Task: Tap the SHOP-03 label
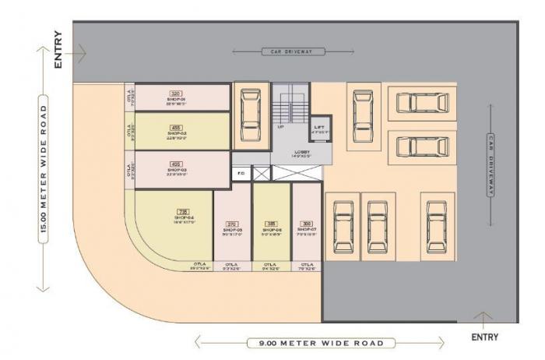175,169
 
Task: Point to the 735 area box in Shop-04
184,210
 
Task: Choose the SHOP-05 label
233,231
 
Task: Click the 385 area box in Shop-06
271,224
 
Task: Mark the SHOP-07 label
307,231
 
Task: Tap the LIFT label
319,127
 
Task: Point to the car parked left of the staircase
250,115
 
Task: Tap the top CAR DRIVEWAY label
282,51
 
